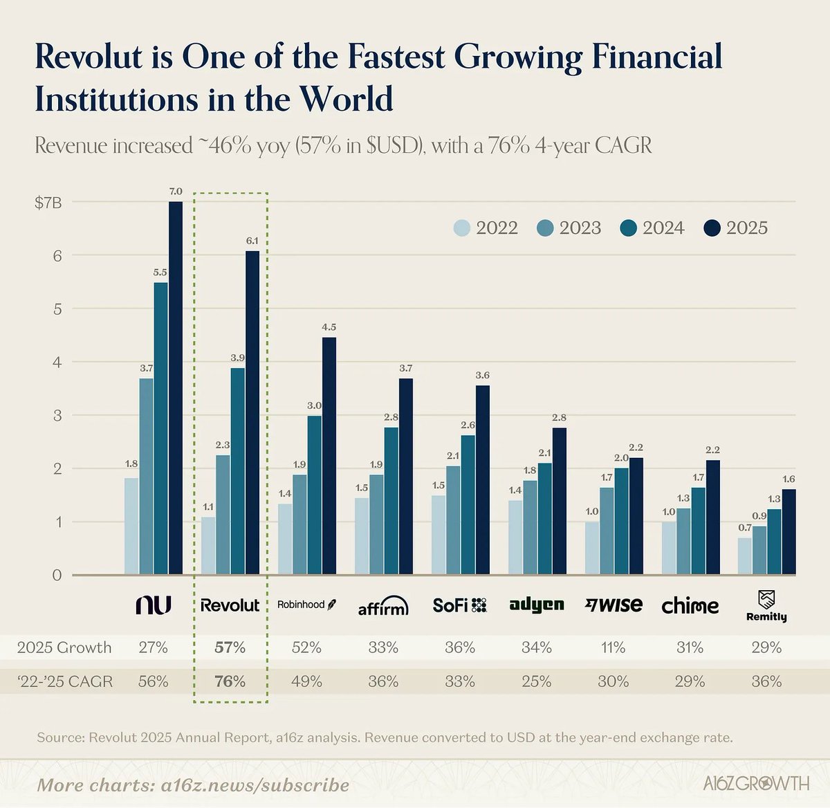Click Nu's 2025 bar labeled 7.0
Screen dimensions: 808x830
point(176,387)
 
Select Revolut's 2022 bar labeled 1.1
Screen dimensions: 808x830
point(207,546)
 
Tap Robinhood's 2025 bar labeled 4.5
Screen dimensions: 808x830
point(329,456)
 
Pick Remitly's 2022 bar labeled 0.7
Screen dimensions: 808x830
point(744,556)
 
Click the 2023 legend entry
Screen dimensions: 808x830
point(569,228)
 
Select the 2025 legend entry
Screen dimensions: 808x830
point(736,228)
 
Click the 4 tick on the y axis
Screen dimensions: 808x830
point(57,362)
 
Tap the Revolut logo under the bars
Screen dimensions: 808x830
point(230,605)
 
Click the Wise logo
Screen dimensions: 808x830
point(614,605)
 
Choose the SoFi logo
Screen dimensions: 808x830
point(460,605)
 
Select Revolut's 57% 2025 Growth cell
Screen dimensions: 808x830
point(230,648)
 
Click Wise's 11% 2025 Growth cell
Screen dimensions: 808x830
point(614,648)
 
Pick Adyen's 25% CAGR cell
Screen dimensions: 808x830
point(537,681)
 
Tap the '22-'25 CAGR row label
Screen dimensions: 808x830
point(64,681)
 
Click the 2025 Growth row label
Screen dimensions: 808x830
point(64,648)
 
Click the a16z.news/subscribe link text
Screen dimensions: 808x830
point(255,785)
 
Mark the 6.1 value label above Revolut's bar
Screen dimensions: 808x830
point(252,241)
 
